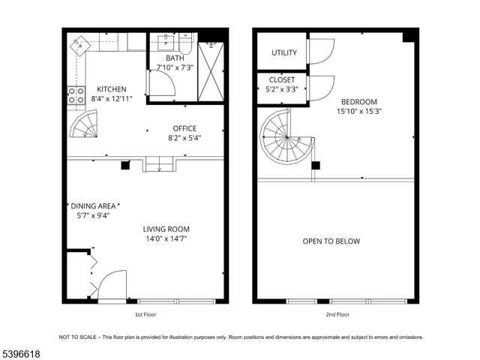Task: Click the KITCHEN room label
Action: click(x=110, y=89)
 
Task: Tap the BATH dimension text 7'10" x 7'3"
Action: click(x=174, y=68)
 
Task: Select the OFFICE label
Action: click(x=184, y=128)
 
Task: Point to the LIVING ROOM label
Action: click(x=166, y=229)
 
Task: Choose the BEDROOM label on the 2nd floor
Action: click(x=359, y=102)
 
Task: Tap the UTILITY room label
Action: click(x=284, y=53)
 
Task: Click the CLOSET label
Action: click(x=282, y=79)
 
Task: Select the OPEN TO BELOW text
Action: click(x=331, y=241)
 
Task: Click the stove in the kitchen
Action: click(x=76, y=95)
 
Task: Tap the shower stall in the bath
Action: click(x=211, y=71)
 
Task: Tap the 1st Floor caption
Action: click(x=145, y=314)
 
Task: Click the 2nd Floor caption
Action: click(x=337, y=314)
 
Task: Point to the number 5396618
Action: click(x=22, y=352)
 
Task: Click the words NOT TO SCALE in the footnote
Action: click(x=77, y=337)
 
